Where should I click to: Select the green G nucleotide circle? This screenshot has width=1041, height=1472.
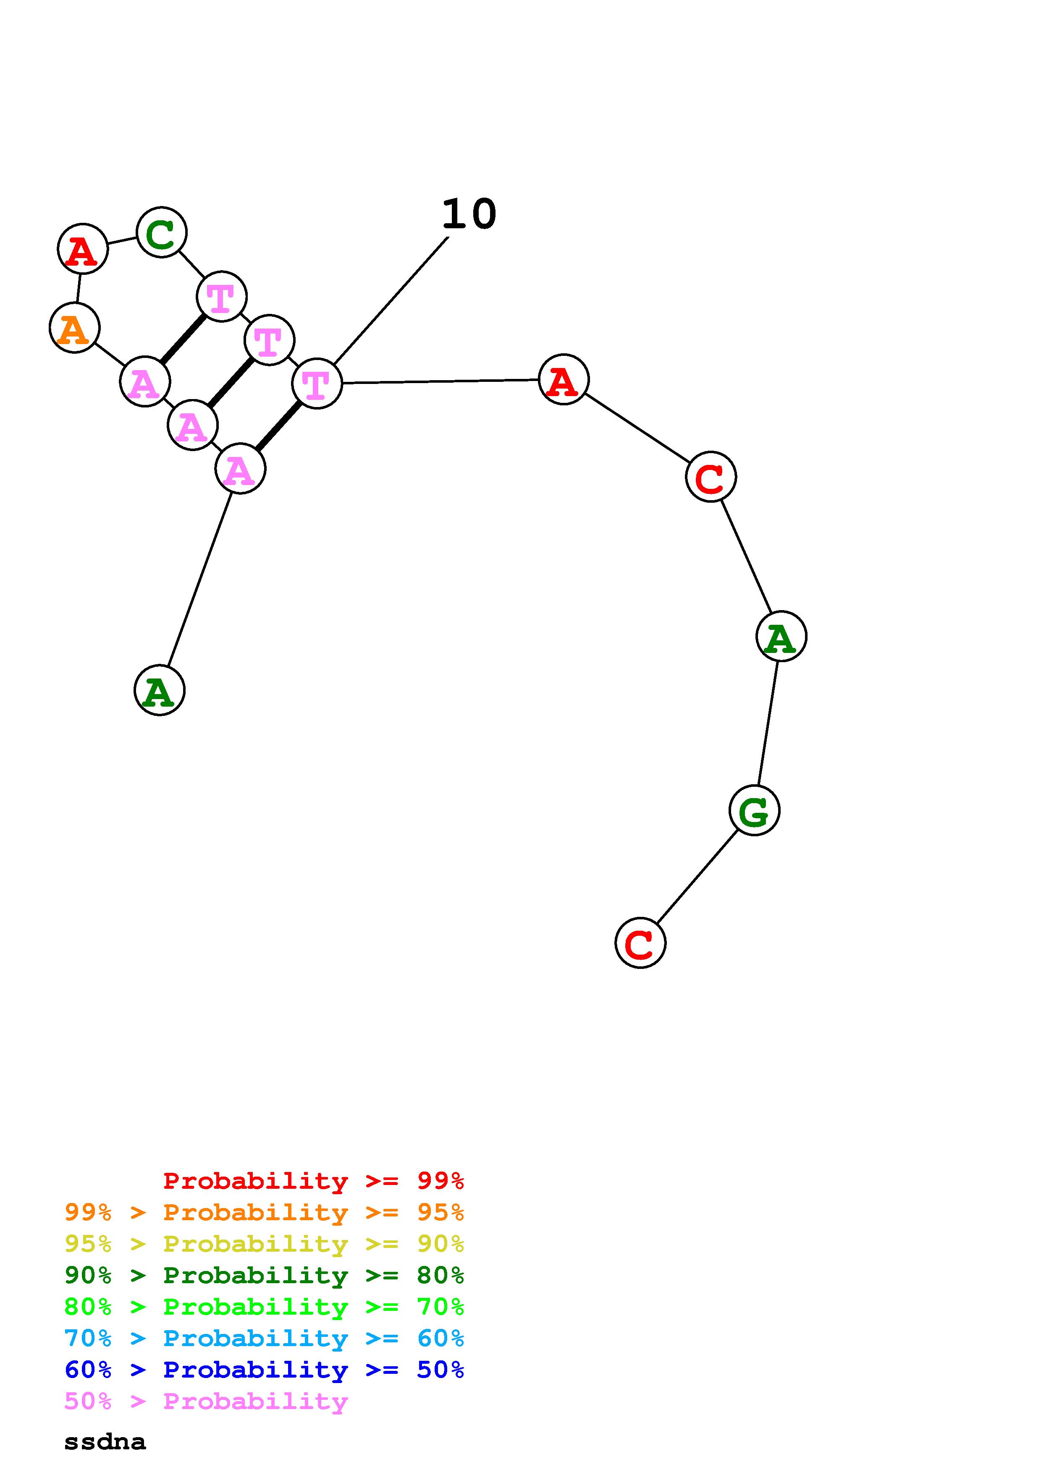754,810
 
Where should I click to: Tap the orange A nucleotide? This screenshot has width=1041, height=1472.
74,328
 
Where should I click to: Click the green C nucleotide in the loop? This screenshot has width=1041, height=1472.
162,232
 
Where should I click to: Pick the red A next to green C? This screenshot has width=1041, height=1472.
83,249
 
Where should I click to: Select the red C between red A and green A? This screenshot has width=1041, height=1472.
711,477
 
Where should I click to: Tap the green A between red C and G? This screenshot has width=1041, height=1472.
781,636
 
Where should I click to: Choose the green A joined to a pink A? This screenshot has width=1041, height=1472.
160,691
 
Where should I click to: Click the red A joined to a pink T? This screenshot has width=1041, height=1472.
563,380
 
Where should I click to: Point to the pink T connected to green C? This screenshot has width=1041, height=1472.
221,297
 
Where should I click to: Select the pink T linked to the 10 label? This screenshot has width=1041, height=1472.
317,384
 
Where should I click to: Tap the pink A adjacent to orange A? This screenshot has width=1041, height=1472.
145,382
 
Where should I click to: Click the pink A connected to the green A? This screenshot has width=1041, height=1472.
240,469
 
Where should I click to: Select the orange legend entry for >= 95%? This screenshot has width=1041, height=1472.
264,1212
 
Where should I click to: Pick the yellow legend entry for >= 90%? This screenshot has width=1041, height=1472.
264,1244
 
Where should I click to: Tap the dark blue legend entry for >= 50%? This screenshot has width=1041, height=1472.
264,1370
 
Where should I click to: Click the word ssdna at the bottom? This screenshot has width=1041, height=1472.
105,1442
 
